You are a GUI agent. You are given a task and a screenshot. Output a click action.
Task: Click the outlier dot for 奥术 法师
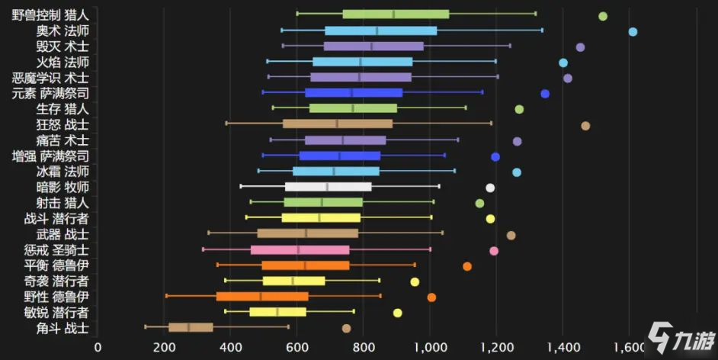(x=633, y=31)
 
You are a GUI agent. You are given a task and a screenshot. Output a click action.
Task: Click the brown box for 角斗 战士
(x=191, y=327)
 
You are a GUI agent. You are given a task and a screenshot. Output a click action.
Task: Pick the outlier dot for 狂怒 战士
(x=585, y=126)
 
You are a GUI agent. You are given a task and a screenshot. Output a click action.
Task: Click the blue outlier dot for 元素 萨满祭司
(x=545, y=94)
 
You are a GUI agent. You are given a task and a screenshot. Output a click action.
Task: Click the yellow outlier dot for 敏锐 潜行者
(x=397, y=313)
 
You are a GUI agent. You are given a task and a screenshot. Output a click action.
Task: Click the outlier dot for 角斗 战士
(x=346, y=328)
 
